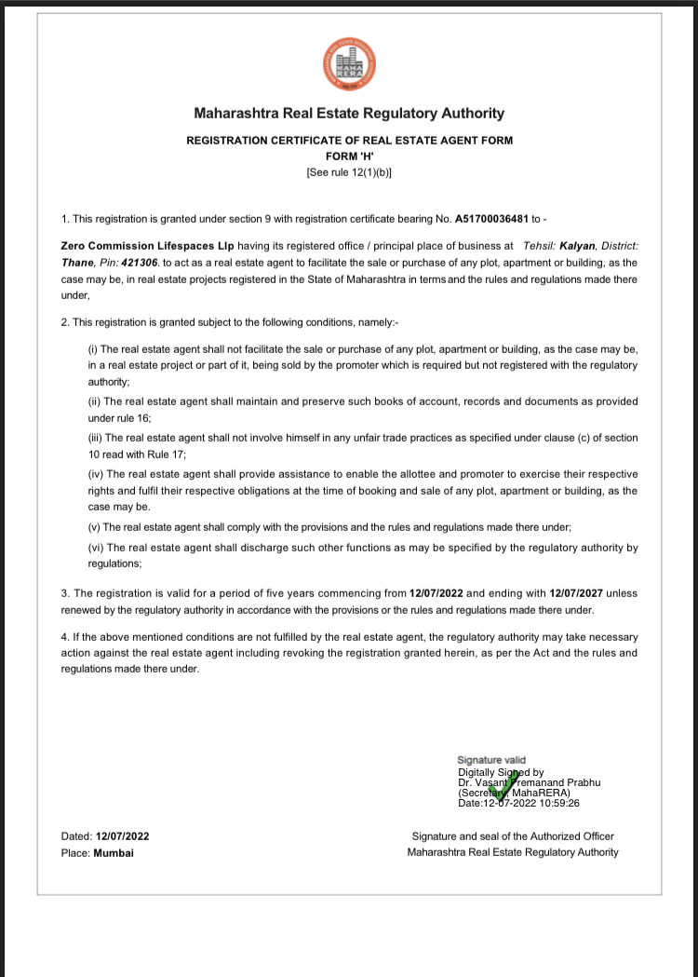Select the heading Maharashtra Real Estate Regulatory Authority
(x=349, y=114)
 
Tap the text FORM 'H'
(x=349, y=156)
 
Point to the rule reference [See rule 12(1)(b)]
(x=349, y=172)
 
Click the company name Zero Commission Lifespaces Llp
(x=147, y=246)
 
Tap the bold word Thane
(x=77, y=264)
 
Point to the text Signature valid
(x=491, y=761)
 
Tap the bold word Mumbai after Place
(x=114, y=852)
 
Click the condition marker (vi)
(x=95, y=548)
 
